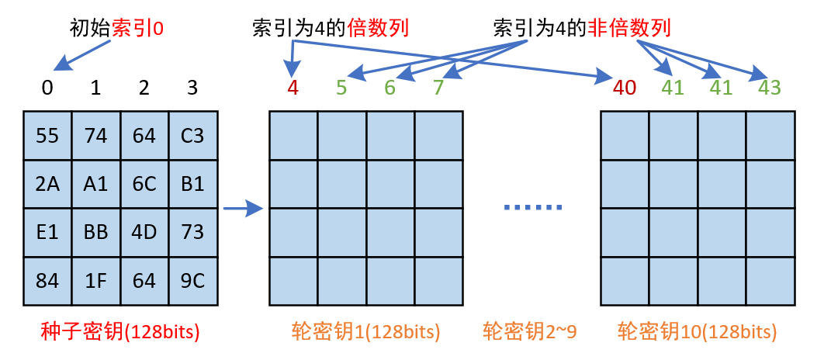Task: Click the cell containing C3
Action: [192, 136]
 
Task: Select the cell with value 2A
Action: [47, 184]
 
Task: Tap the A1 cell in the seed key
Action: [95, 184]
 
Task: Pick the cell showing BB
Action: [95, 232]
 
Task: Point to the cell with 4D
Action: [144, 232]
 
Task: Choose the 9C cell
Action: [192, 280]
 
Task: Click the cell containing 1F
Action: [95, 280]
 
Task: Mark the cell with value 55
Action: [47, 136]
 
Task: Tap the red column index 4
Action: [293, 88]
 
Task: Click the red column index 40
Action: [625, 88]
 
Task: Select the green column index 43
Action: [769, 88]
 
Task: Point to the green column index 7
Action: [438, 88]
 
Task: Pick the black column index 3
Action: [192, 88]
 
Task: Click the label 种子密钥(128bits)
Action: [120, 332]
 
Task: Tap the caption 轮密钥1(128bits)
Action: [366, 332]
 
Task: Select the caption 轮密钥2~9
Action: [529, 332]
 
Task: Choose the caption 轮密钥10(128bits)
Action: [697, 332]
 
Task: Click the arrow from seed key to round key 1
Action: [243, 208]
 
